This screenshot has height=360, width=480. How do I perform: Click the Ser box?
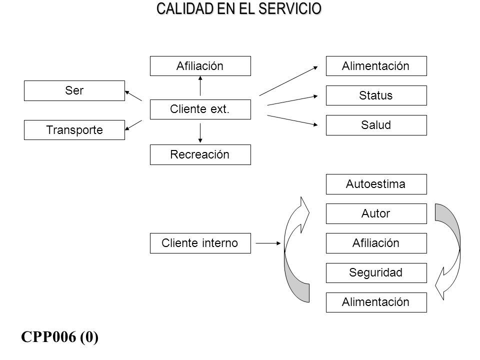pyautogui.click(x=74, y=90)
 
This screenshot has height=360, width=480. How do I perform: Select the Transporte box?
pyautogui.click(x=74, y=130)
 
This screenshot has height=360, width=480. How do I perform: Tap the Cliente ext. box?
pyautogui.click(x=200, y=109)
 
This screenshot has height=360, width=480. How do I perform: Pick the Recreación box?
pyautogui.click(x=200, y=154)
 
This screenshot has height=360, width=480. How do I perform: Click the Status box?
pyautogui.click(x=376, y=95)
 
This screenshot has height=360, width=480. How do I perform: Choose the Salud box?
pyautogui.click(x=376, y=125)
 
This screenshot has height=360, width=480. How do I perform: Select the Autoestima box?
pyautogui.click(x=376, y=184)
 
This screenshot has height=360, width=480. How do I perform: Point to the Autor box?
pyautogui.click(x=376, y=213)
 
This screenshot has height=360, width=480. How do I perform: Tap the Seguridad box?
pyautogui.click(x=376, y=273)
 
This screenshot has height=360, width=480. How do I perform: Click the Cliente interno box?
pyautogui.click(x=200, y=243)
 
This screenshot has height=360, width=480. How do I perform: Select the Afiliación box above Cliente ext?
pyautogui.click(x=200, y=66)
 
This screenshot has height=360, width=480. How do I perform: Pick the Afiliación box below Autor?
pyautogui.click(x=376, y=243)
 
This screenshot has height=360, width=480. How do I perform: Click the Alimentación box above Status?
pyautogui.click(x=376, y=66)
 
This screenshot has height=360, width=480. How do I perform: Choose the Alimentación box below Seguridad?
pyautogui.click(x=376, y=302)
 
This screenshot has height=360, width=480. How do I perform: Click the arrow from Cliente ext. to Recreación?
pyautogui.click(x=200, y=133)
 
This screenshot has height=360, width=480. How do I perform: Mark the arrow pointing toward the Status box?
pyautogui.click(x=292, y=100)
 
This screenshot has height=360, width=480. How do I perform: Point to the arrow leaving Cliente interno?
pyautogui.click(x=268, y=243)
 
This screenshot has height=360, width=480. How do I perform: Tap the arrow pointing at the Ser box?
pyautogui.click(x=133, y=95)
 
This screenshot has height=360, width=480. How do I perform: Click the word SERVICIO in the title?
pyautogui.click(x=289, y=8)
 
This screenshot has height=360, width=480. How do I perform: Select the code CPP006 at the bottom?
pyautogui.click(x=48, y=336)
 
